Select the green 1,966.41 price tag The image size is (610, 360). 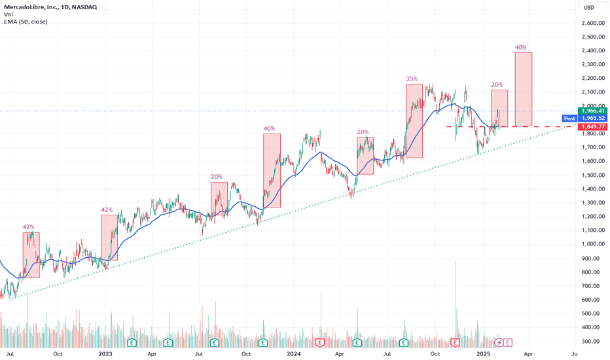coord(594,111)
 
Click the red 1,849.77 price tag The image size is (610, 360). coord(594,126)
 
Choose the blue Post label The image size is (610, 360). coord(569,118)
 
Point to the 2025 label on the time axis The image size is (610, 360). coord(484,353)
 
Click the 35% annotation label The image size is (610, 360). coord(412,79)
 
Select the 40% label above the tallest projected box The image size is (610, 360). coord(521,47)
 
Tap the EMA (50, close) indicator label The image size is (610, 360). coord(26,22)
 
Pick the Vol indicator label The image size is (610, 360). coord(9,14)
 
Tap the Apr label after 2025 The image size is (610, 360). coord(528,353)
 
